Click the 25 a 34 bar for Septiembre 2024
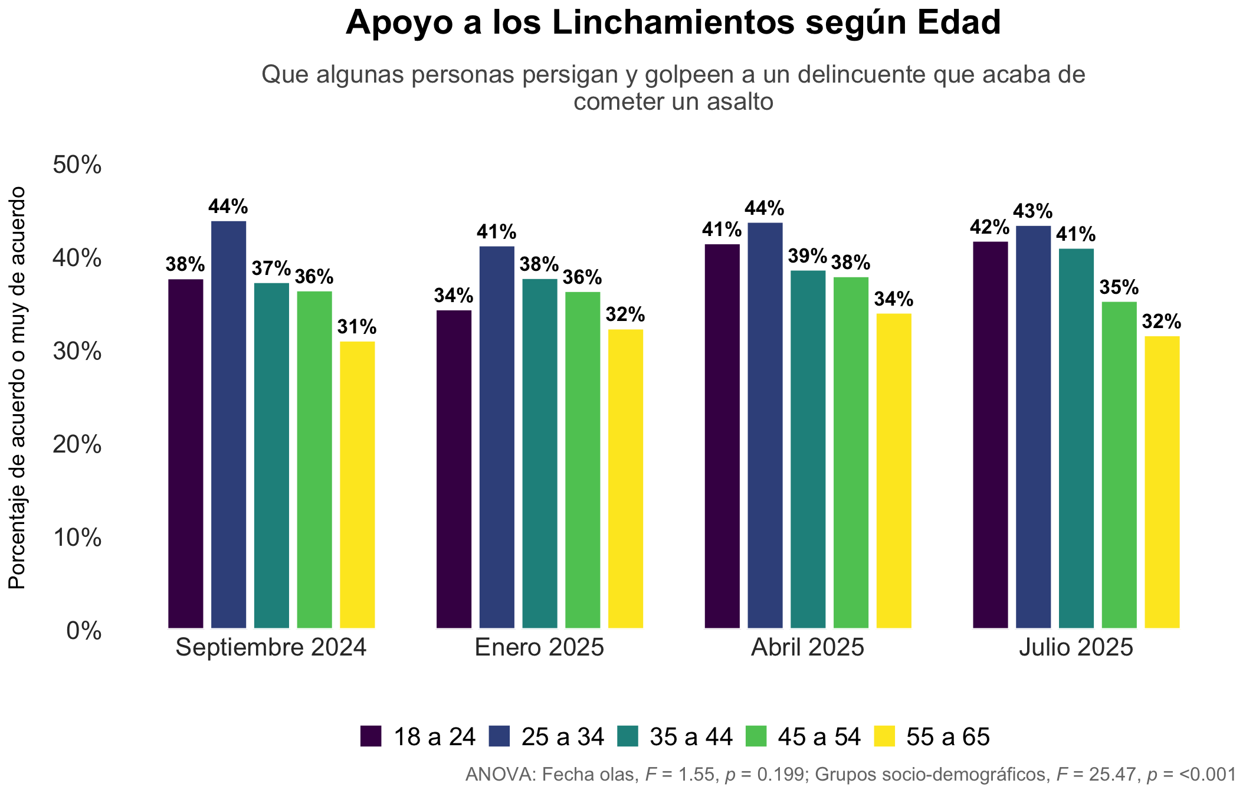(228, 425)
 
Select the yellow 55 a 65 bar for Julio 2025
(1162, 483)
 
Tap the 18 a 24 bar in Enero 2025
(454, 470)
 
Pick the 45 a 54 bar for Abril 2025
(851, 453)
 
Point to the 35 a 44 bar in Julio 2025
(1076, 439)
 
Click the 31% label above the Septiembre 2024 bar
(357, 327)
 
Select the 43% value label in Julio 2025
(1033, 211)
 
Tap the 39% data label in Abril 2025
(808, 256)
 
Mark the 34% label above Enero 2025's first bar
(454, 296)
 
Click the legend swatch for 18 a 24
(371, 736)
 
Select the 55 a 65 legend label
(948, 737)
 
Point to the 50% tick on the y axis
(77, 165)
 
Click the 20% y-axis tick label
(77, 445)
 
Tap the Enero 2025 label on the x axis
(540, 647)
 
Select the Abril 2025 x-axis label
(808, 647)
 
